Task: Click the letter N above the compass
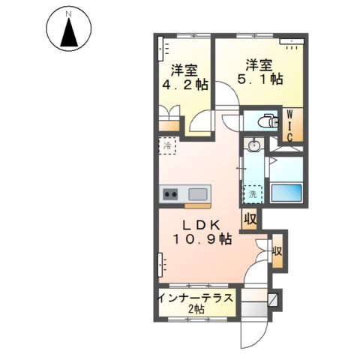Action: click(x=68, y=13)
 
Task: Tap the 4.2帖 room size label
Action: click(x=183, y=85)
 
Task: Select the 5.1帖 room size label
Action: click(x=259, y=78)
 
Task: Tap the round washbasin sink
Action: click(x=253, y=145)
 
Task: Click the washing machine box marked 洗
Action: click(x=252, y=194)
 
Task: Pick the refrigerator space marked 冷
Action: click(x=169, y=146)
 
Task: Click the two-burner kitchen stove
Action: click(x=171, y=193)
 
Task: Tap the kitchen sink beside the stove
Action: click(x=196, y=193)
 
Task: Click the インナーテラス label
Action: click(x=195, y=298)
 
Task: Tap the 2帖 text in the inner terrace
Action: click(x=195, y=310)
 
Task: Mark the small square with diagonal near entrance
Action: click(x=272, y=299)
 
